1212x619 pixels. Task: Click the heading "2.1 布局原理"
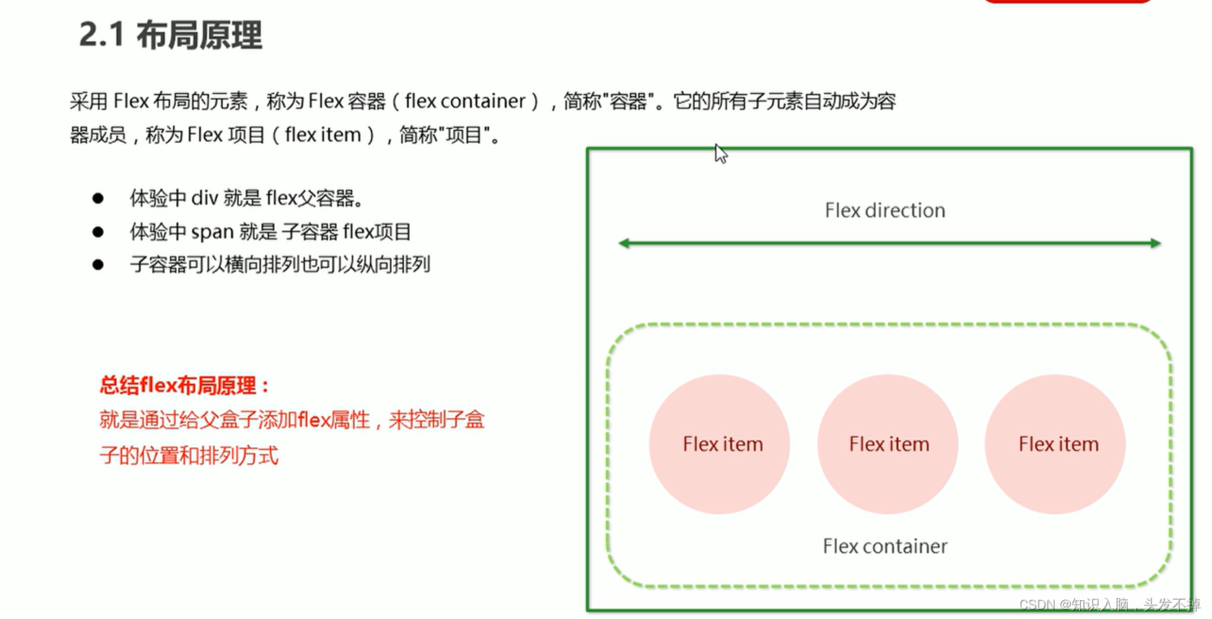(x=170, y=35)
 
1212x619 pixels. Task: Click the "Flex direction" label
(x=884, y=210)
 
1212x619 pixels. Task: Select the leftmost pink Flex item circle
(x=719, y=444)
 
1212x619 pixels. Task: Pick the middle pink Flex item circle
(x=888, y=444)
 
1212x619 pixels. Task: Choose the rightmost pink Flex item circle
(x=1055, y=444)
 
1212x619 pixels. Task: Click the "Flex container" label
(x=884, y=546)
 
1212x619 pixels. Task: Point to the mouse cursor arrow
(x=721, y=154)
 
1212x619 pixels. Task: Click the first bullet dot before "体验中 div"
(x=98, y=198)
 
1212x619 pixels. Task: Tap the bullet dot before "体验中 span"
(x=98, y=232)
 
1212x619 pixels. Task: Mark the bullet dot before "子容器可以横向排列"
(x=98, y=265)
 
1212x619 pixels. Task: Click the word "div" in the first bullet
(x=204, y=198)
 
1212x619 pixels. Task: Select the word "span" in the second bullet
(x=212, y=232)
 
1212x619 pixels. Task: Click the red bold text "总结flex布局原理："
(x=185, y=385)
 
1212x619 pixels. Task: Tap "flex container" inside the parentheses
(x=465, y=101)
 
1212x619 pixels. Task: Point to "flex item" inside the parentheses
(x=322, y=135)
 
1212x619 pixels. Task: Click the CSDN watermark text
(x=1109, y=605)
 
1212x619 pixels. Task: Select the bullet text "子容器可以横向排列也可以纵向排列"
(x=280, y=265)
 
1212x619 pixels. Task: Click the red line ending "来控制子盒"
(x=291, y=420)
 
